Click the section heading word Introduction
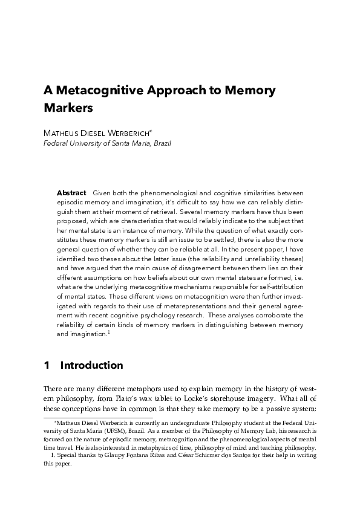coord(92,365)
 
